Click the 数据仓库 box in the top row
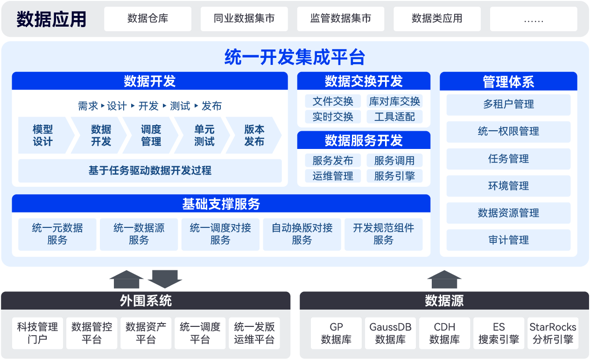[147, 19]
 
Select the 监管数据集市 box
[341, 19]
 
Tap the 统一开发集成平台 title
[295, 57]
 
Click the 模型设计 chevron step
[43, 135]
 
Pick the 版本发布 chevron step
[254, 135]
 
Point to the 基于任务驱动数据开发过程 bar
[150, 170]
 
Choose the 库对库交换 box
[394, 101]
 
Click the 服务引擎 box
[394, 176]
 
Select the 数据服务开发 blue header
[364, 140]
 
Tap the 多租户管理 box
[508, 105]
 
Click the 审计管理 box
[508, 240]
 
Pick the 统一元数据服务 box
[57, 234]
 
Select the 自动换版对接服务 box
[302, 234]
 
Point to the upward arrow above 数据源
[444, 279]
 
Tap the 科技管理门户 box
[37, 333]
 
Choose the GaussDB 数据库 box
[390, 333]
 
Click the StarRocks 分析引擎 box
[553, 333]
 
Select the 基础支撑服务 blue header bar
[221, 204]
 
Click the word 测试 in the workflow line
[180, 106]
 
